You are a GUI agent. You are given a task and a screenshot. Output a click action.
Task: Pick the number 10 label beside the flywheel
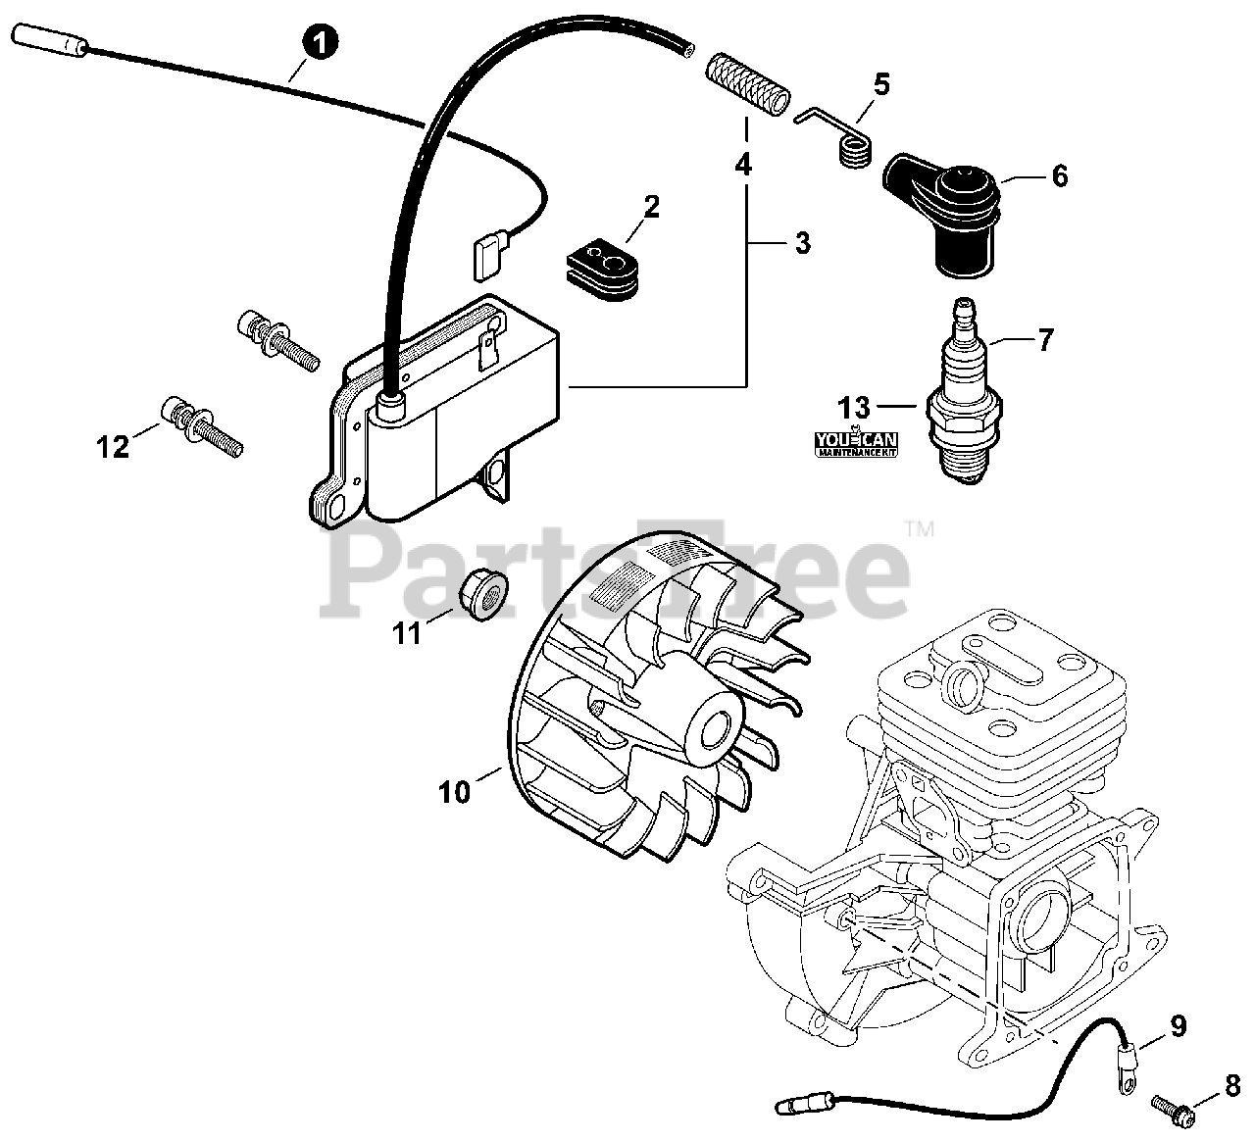[x=455, y=791]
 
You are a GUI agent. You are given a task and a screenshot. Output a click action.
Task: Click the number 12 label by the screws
[x=113, y=447]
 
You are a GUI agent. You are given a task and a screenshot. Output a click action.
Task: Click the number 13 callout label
[x=854, y=405]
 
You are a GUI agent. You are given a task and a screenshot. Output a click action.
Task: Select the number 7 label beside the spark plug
[x=1044, y=340]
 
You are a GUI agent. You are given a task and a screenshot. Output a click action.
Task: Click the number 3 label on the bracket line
[x=803, y=242]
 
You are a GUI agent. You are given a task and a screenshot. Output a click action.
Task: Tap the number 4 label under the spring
[x=744, y=165]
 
